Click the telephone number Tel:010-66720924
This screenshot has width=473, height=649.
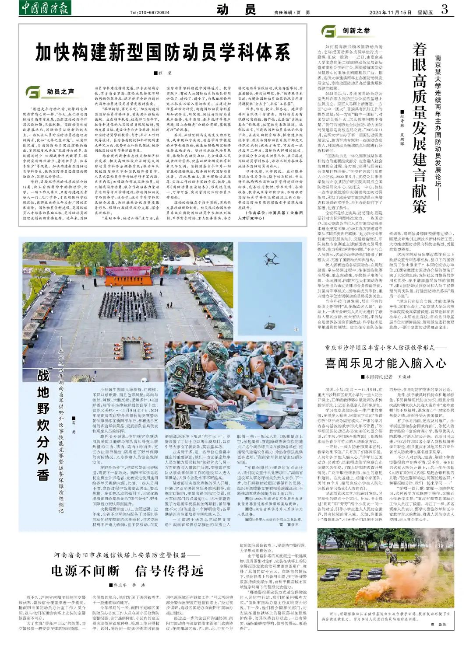150,12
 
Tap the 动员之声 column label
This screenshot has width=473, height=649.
60,91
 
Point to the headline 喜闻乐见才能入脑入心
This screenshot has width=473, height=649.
385,363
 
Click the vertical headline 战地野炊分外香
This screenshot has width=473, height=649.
43,425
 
